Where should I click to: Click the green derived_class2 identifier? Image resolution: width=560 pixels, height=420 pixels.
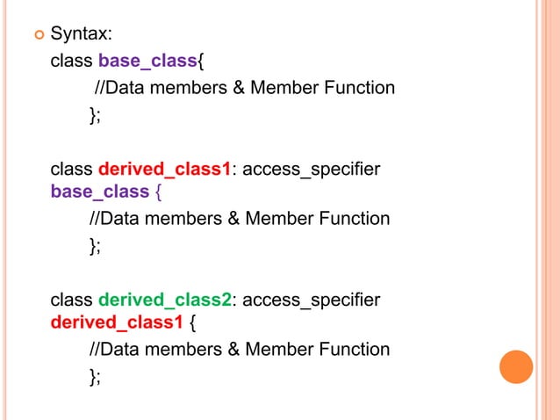(x=165, y=300)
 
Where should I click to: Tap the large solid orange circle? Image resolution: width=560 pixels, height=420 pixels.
(x=516, y=366)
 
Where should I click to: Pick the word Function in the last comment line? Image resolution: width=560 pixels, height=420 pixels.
(x=354, y=349)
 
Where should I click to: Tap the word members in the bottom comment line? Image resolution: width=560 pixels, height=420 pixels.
(x=180, y=349)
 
